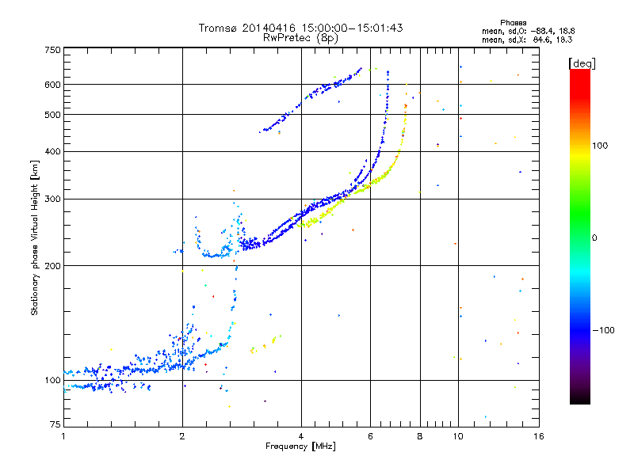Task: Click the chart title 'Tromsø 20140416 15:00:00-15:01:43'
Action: coord(300,28)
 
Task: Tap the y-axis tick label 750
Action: coord(53,50)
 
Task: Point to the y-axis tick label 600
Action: coord(53,85)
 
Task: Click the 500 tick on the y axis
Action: coord(53,115)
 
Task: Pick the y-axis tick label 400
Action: coord(53,151)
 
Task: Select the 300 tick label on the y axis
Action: coord(53,199)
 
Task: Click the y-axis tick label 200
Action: coord(53,266)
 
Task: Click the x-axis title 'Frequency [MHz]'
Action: coord(300,448)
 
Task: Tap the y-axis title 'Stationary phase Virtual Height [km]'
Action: coord(35,238)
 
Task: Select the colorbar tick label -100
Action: coord(604,330)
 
